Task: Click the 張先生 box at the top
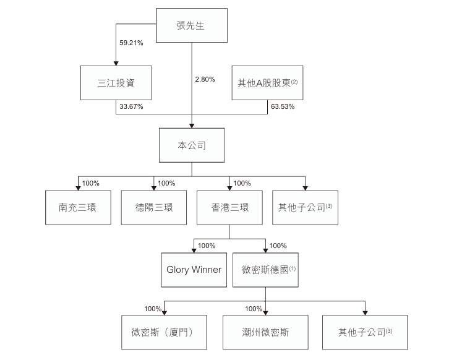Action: [191, 25]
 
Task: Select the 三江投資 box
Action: [116, 82]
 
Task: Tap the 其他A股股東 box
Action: [268, 82]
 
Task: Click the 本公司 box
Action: [191, 145]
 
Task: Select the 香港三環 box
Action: [229, 208]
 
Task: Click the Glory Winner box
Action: [194, 270]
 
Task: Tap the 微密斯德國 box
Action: [266, 270]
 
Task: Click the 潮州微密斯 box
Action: [266, 333]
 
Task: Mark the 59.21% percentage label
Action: [131, 43]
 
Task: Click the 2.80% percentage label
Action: [204, 79]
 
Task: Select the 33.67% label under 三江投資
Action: [130, 107]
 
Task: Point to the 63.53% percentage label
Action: [282, 107]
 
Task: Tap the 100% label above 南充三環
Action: [91, 183]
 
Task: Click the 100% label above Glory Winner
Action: [207, 246]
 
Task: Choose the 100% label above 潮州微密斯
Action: [254, 309]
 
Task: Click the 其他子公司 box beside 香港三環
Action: [306, 208]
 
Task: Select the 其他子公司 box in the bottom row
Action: [365, 333]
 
